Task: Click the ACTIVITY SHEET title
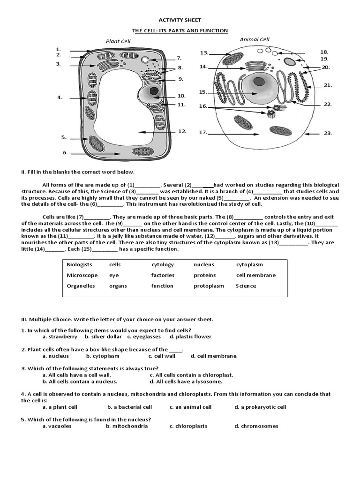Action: pyautogui.click(x=180, y=20)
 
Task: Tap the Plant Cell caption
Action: pyautogui.click(x=118, y=41)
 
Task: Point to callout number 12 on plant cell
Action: pyautogui.click(x=182, y=131)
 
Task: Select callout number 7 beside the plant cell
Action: pyautogui.click(x=179, y=59)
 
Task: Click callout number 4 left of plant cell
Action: pyautogui.click(x=60, y=97)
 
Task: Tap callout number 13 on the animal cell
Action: pyautogui.click(x=204, y=53)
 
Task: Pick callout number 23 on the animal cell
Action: pyautogui.click(x=328, y=133)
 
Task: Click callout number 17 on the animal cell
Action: pyautogui.click(x=203, y=133)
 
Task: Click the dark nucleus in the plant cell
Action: pyautogui.click(x=153, y=91)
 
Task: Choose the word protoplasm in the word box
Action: pyautogui.click(x=209, y=286)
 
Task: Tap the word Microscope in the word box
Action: pyautogui.click(x=82, y=275)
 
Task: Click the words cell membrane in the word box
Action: pyautogui.click(x=255, y=275)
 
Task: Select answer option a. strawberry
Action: pyautogui.click(x=60, y=337)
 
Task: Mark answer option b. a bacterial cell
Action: pyautogui.click(x=129, y=407)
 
